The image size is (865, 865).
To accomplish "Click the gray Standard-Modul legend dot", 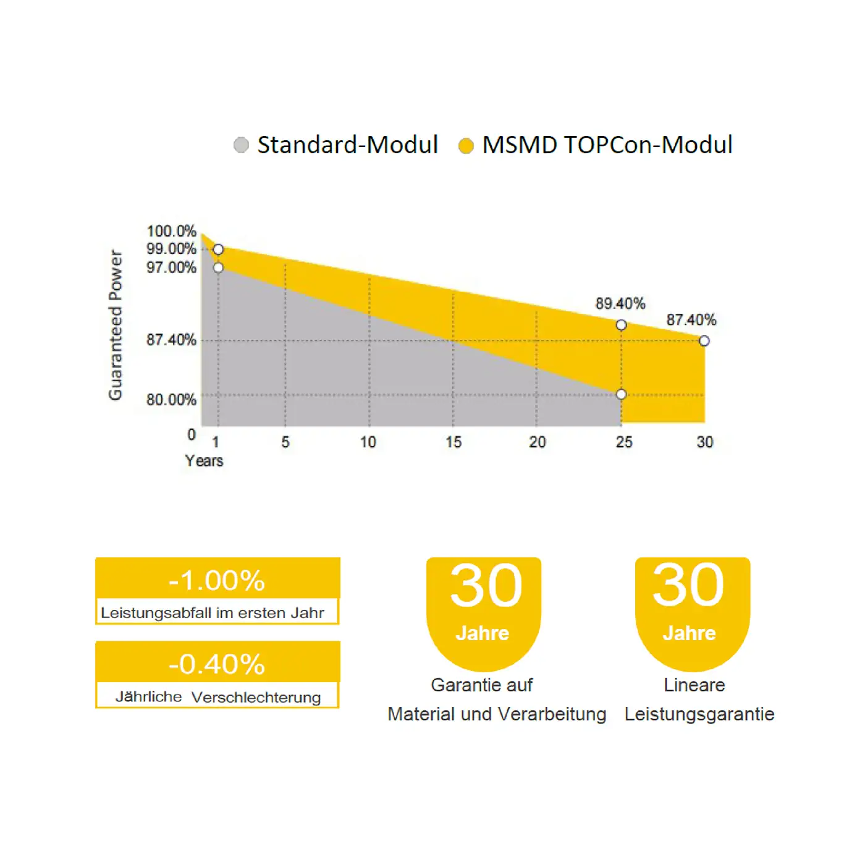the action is tap(241, 145).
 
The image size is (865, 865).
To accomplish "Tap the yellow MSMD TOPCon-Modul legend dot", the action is tap(466, 146).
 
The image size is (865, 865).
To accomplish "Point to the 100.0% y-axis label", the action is tap(172, 231).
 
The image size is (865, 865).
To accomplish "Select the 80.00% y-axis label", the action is tap(172, 400).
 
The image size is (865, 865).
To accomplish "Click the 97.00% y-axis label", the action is tap(172, 268).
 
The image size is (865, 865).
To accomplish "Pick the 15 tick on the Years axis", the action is tap(454, 442).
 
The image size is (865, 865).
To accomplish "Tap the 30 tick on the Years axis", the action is tap(705, 442).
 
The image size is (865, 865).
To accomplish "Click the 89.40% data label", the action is tap(620, 303).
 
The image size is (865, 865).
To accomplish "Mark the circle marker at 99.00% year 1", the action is tap(218, 250).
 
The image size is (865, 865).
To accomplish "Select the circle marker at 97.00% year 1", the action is tap(218, 268).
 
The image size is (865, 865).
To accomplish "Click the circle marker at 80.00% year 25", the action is tap(622, 395).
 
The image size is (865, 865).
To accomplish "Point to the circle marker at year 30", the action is tap(704, 341).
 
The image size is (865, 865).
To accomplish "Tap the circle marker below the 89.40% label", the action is tap(622, 325).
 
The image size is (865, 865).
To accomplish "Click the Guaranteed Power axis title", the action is tap(116, 325).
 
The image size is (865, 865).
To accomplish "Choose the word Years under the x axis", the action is tap(205, 460).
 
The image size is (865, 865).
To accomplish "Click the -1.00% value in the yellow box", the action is tap(217, 580).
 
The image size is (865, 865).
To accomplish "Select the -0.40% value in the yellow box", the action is tap(217, 664).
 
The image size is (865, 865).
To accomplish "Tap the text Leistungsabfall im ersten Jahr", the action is tap(213, 613).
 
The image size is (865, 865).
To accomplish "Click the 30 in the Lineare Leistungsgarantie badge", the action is tap(688, 585).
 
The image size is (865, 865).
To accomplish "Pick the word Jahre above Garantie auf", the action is tap(483, 633).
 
